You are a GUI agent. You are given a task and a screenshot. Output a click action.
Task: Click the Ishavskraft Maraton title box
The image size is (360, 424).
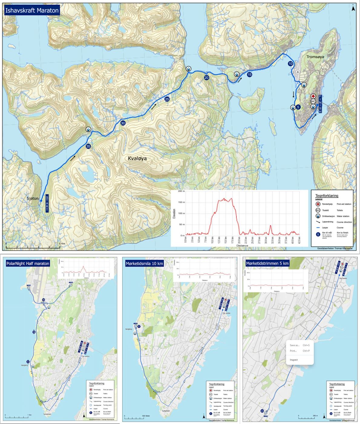click(32, 10)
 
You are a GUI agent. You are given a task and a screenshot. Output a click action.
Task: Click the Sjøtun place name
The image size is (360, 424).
click(32, 199)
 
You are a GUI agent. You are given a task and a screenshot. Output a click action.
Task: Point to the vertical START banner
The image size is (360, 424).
click(47, 204)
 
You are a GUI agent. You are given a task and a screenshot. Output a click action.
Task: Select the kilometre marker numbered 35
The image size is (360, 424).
click(88, 146)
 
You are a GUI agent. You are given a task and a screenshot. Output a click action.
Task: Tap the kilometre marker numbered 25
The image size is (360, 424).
click(167, 99)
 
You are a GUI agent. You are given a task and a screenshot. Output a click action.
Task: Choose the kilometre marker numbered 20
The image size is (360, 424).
click(207, 78)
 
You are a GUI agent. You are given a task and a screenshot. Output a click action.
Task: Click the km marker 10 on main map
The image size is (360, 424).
click(290, 64)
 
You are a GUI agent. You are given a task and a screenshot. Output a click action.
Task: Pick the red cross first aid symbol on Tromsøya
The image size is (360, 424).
click(313, 96)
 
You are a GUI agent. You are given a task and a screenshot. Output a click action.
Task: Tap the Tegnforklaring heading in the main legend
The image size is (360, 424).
click(327, 196)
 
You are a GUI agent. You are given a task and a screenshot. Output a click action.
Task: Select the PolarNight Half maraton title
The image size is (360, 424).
click(28, 263)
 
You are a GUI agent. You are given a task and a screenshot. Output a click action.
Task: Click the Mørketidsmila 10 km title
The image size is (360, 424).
click(144, 263)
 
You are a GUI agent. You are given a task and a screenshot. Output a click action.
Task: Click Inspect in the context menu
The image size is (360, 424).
click(294, 360)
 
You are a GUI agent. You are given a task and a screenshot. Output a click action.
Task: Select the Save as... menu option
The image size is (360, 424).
click(295, 345)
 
